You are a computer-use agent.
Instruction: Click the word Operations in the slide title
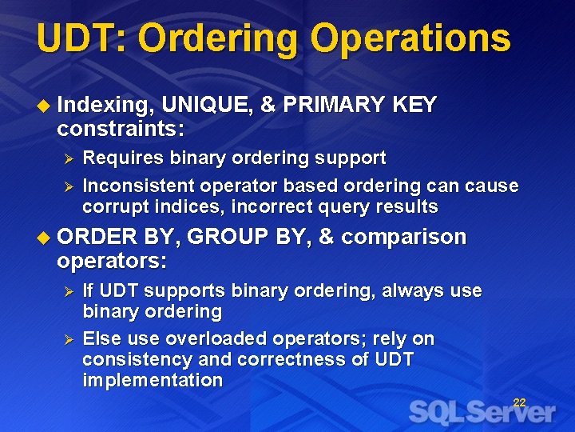(x=410, y=38)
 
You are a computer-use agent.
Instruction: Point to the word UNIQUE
(x=204, y=105)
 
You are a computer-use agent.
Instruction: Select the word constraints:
(x=121, y=128)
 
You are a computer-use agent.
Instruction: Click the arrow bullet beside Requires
(x=69, y=158)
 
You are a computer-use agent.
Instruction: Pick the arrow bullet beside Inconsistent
(x=69, y=186)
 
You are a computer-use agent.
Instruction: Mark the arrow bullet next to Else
(x=69, y=339)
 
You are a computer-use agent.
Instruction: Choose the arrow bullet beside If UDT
(x=69, y=291)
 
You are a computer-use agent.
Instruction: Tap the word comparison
(x=403, y=238)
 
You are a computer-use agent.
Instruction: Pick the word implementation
(x=153, y=381)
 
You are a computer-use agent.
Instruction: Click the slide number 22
(x=519, y=402)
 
